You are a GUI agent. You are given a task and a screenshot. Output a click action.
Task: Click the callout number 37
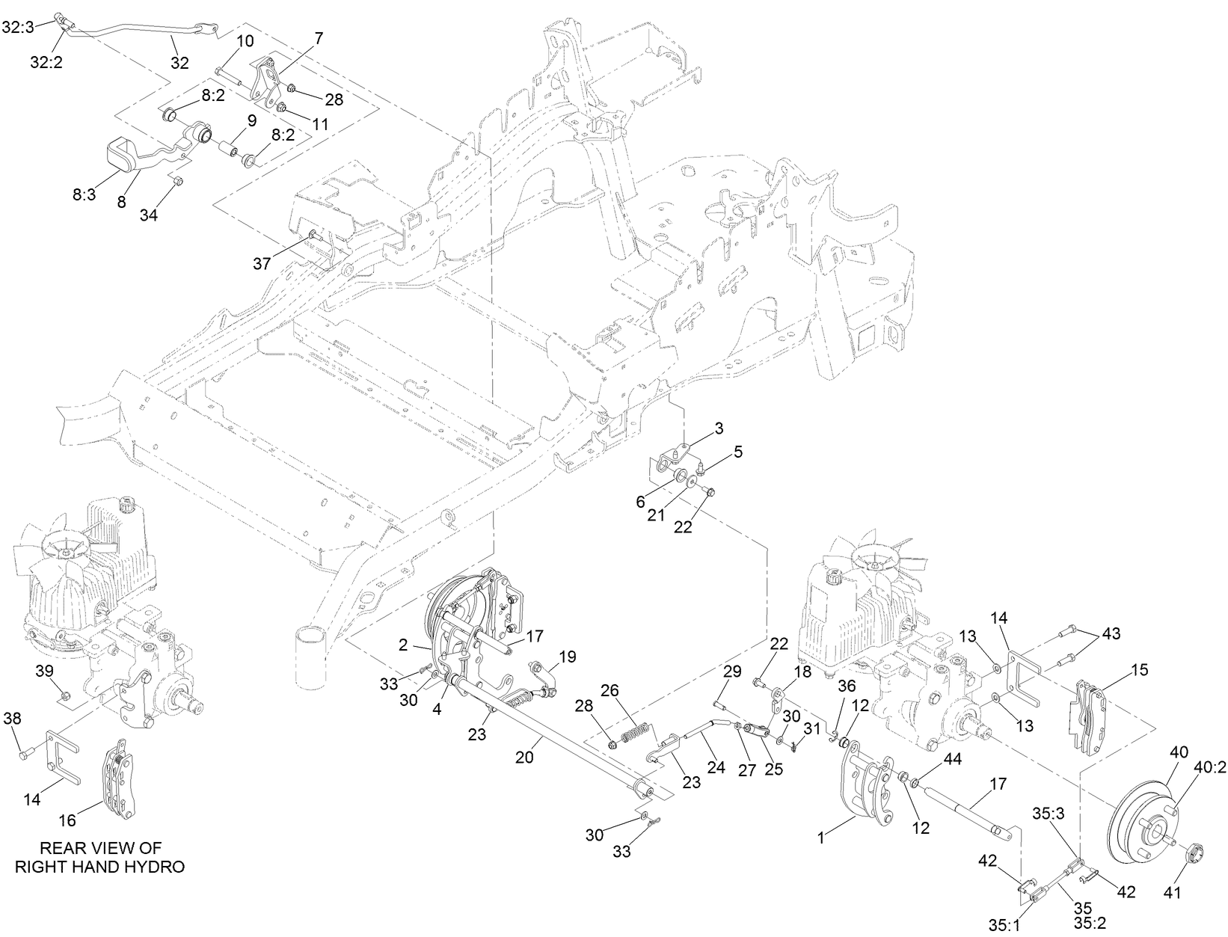(x=262, y=263)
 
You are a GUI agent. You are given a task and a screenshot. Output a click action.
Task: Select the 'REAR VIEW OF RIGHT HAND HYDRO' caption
(x=100, y=857)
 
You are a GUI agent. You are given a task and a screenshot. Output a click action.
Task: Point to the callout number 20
(x=525, y=757)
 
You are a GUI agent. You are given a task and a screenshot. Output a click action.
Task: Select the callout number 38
(x=13, y=719)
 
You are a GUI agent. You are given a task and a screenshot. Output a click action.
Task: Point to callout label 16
(x=67, y=820)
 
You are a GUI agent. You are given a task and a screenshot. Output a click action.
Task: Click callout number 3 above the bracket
(x=719, y=428)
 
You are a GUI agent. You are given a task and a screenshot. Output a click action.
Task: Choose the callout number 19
(x=568, y=657)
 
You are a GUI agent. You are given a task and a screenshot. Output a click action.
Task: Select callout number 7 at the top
(x=319, y=36)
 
